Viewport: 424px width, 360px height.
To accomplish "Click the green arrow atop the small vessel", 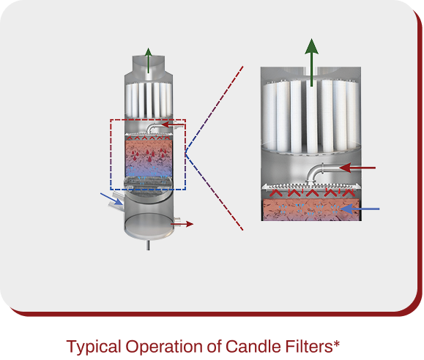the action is (148, 61).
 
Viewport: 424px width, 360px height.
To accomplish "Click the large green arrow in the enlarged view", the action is (311, 62).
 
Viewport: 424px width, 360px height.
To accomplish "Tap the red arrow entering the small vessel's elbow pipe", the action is (173, 124).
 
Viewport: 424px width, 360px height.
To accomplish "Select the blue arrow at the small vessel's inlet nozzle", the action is (111, 199).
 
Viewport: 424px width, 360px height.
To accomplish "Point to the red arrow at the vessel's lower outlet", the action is (182, 224).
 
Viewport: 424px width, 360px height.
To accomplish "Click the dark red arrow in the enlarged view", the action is (357, 168).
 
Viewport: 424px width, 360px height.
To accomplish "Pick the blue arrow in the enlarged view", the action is (360, 209).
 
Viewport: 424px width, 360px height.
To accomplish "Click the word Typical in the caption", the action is (94, 347).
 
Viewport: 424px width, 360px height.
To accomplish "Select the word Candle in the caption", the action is (250, 346).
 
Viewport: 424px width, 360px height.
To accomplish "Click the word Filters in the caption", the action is (306, 346).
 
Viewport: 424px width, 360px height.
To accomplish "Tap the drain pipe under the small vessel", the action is (148, 245).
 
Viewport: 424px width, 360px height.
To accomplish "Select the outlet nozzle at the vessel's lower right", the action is (176, 222).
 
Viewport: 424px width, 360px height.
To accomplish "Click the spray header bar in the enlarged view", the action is (311, 186).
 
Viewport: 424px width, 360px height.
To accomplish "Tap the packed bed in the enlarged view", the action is (311, 210).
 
